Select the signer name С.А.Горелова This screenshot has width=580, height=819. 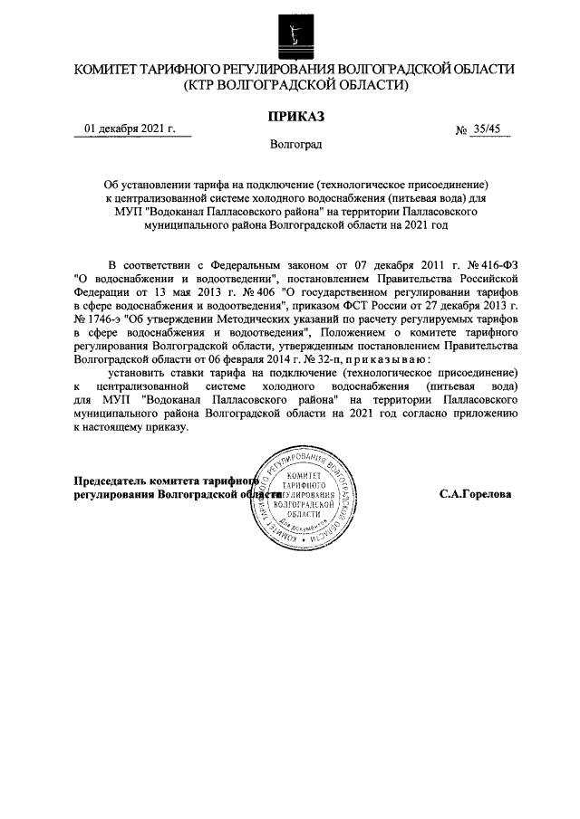click(x=475, y=496)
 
